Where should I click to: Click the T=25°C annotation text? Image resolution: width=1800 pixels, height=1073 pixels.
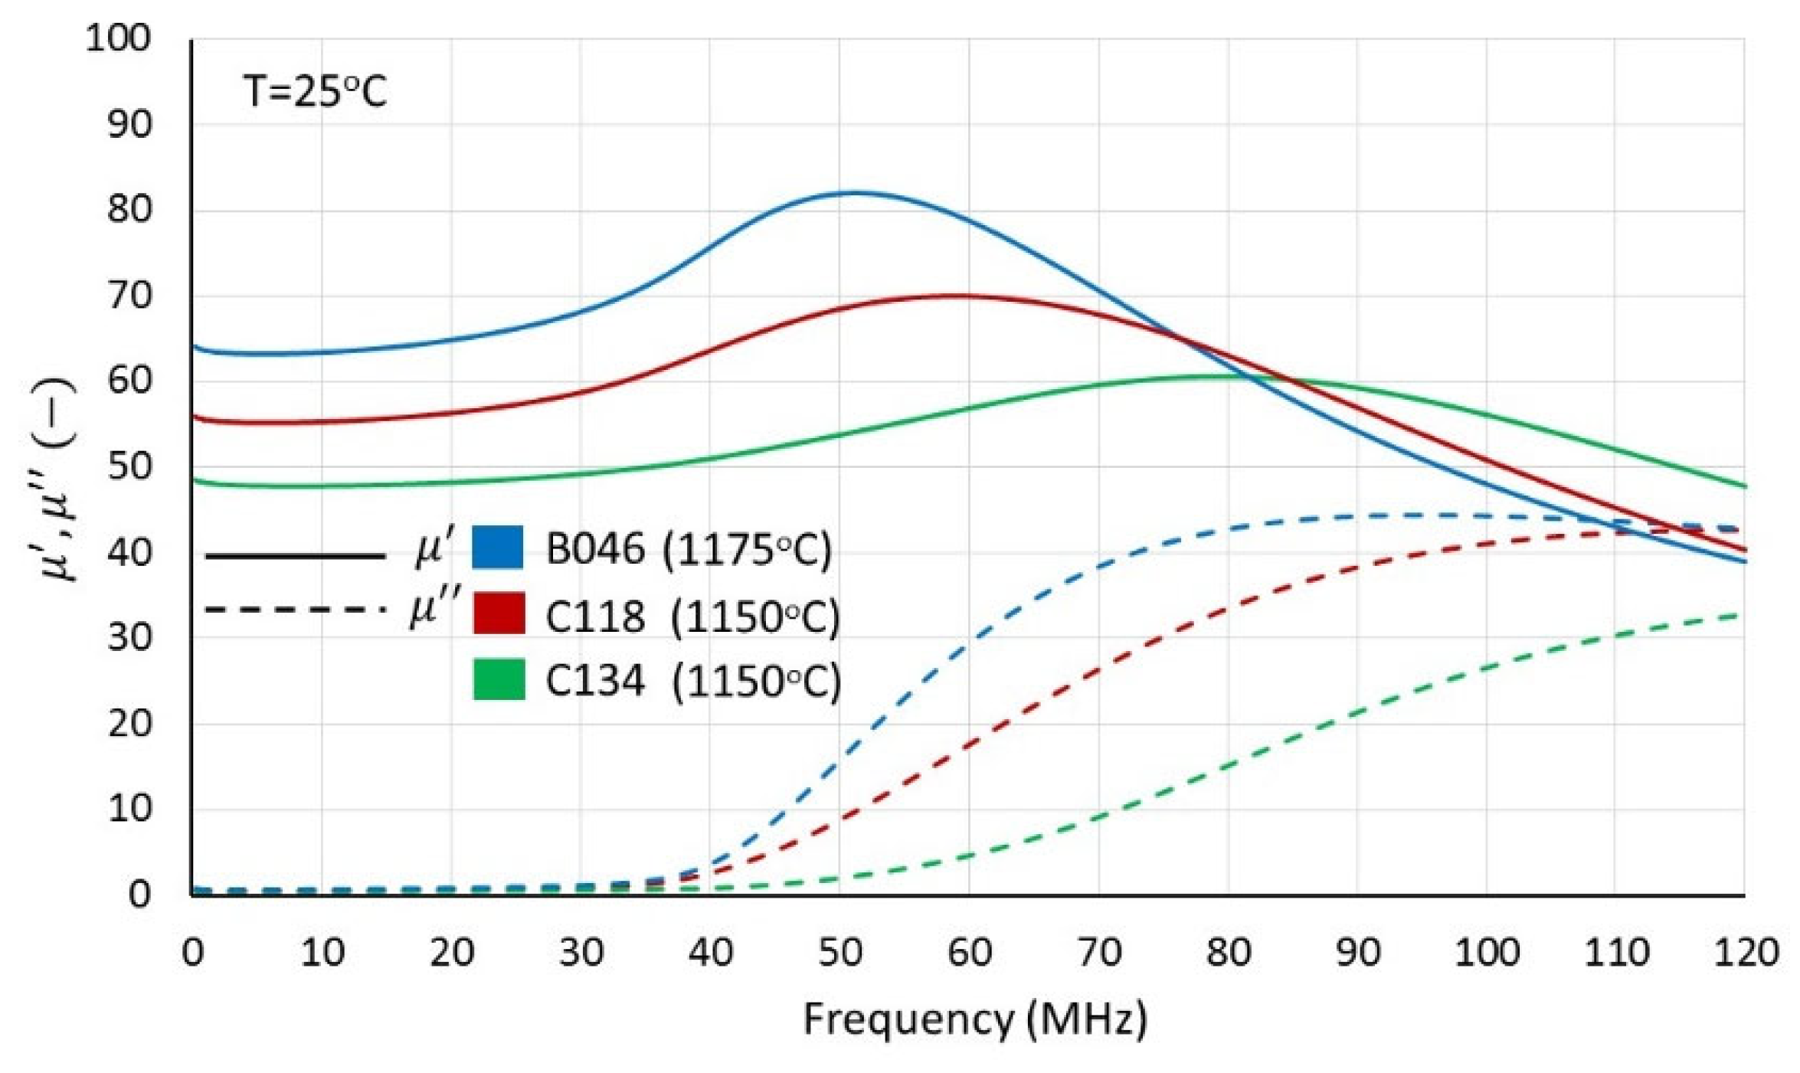pyautogui.click(x=315, y=92)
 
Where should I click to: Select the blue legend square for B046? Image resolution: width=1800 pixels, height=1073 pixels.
pyautogui.click(x=497, y=548)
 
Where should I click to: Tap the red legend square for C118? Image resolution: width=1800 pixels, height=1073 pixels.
pyautogui.click(x=499, y=613)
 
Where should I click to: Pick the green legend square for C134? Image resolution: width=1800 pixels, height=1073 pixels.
pyautogui.click(x=499, y=679)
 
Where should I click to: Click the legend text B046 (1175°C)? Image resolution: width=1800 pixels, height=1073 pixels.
pyautogui.click(x=688, y=549)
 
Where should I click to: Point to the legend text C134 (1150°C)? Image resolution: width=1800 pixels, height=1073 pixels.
pyautogui.click(x=692, y=680)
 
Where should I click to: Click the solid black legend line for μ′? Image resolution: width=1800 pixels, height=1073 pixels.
pyautogui.click(x=295, y=556)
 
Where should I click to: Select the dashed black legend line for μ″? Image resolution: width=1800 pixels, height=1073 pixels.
pyautogui.click(x=295, y=610)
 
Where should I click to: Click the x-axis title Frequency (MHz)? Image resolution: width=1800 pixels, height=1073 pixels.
pyautogui.click(x=974, y=1019)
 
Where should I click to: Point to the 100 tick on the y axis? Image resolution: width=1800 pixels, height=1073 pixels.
pyautogui.click(x=118, y=38)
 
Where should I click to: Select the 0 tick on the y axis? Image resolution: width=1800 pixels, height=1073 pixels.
pyautogui.click(x=139, y=894)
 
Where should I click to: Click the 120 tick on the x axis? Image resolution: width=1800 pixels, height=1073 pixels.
pyautogui.click(x=1746, y=953)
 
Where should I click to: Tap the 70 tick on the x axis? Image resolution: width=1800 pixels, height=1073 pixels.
pyautogui.click(x=1098, y=953)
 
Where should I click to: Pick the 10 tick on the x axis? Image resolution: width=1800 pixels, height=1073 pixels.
pyautogui.click(x=321, y=953)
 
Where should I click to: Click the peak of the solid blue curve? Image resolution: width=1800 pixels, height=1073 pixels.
pyautogui.click(x=854, y=192)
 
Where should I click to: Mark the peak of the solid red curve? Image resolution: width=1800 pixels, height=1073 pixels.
pyautogui.click(x=957, y=296)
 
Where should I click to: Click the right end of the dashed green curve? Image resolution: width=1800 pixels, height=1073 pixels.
pyautogui.click(x=1744, y=614)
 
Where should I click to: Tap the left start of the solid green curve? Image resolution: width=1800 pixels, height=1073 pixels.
pyautogui.click(x=194, y=480)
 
